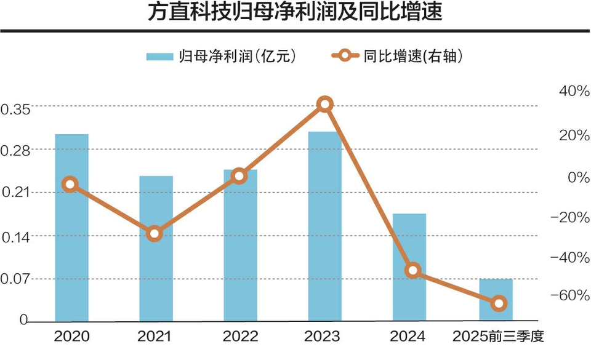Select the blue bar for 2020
(x=71, y=228)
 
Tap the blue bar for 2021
(x=156, y=249)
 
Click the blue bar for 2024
(x=409, y=267)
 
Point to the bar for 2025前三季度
(x=496, y=300)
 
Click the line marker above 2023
(x=325, y=104)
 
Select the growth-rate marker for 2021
(x=155, y=234)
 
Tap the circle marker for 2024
(x=413, y=270)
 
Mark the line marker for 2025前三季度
(x=499, y=303)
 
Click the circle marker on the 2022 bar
(x=239, y=177)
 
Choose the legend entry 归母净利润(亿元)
(x=222, y=57)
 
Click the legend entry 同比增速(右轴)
(x=397, y=57)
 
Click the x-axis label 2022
(x=239, y=337)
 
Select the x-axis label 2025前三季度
(x=499, y=337)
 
